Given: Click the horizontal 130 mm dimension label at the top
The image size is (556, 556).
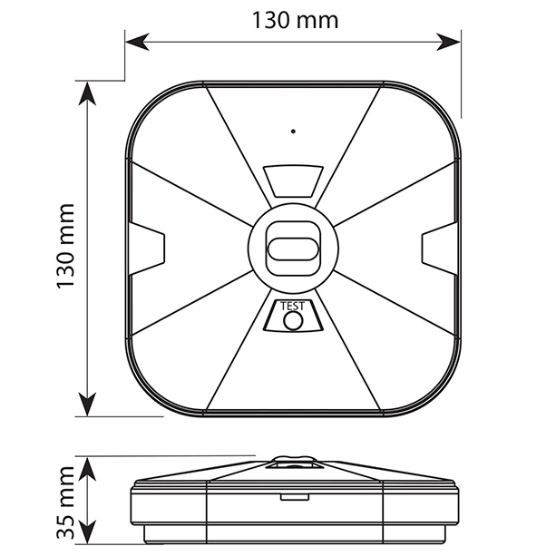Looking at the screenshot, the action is [295, 20].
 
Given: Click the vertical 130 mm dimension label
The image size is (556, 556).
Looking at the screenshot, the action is [66, 246].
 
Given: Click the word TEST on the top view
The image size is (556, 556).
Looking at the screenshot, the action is [292, 306].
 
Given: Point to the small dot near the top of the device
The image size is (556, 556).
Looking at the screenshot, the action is [293, 132].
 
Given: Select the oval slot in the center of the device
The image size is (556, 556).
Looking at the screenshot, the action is [293, 249].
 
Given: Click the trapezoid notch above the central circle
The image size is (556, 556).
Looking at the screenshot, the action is [293, 180].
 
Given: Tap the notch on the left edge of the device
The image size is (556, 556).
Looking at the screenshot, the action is [146, 249].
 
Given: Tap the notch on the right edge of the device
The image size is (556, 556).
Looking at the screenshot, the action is [440, 249].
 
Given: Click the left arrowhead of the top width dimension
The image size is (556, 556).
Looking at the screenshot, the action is [137, 42].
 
